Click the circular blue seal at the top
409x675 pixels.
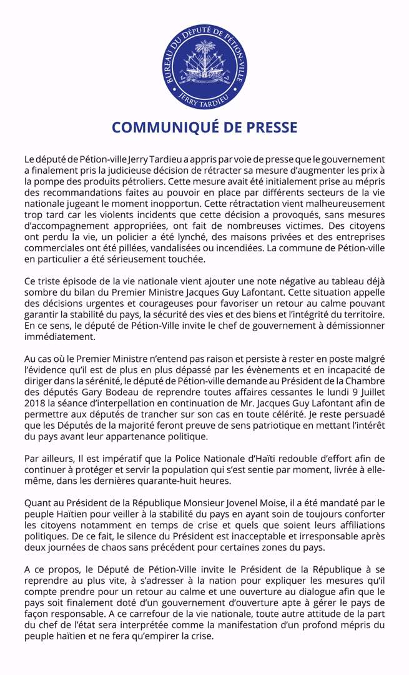tap(204, 67)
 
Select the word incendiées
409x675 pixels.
tap(240, 248)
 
